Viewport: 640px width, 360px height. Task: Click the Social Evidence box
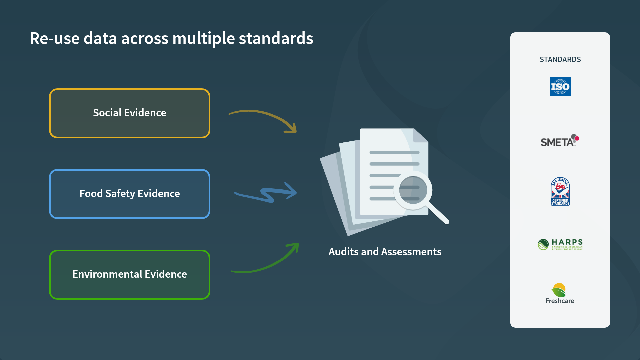129,113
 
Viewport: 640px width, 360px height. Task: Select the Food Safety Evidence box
129,194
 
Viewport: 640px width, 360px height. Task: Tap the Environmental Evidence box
129,274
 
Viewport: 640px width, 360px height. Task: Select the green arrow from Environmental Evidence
267,263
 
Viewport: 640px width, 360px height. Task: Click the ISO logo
560,87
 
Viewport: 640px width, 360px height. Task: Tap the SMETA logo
560,141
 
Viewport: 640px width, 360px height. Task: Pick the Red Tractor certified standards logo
560,191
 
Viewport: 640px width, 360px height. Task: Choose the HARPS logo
560,244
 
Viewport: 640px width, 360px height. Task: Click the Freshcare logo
560,294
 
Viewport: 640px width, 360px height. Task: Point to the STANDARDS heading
560,59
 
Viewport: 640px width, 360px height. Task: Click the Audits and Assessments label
385,252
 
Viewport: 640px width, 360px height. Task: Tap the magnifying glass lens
413,190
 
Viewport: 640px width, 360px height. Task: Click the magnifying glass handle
438,213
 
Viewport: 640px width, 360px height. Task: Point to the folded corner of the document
420,136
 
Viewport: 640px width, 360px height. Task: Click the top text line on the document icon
394,152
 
